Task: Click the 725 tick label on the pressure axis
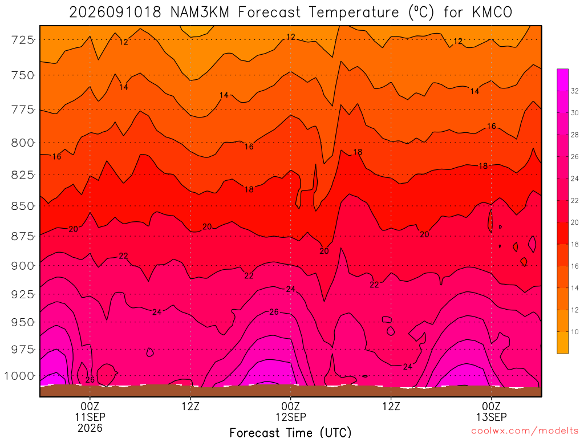click(x=22, y=39)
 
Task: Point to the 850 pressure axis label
click(x=22, y=206)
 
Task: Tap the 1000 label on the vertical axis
click(x=19, y=376)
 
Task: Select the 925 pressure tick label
click(x=22, y=294)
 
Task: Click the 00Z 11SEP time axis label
click(x=90, y=411)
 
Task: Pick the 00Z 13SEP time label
click(x=491, y=411)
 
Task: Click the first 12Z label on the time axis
click(x=190, y=406)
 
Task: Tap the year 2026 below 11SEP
click(x=90, y=428)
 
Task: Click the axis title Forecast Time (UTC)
click(x=290, y=432)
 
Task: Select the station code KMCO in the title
click(x=492, y=13)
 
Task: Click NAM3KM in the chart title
click(x=200, y=13)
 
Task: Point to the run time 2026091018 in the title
click(x=115, y=13)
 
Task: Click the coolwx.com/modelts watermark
click(x=525, y=431)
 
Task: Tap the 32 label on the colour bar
click(x=575, y=91)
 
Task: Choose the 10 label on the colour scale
click(x=575, y=332)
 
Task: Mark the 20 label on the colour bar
click(x=575, y=222)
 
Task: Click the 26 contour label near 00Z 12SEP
click(x=274, y=312)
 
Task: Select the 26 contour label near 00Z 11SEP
click(x=90, y=380)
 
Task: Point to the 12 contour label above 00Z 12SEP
click(x=291, y=37)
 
